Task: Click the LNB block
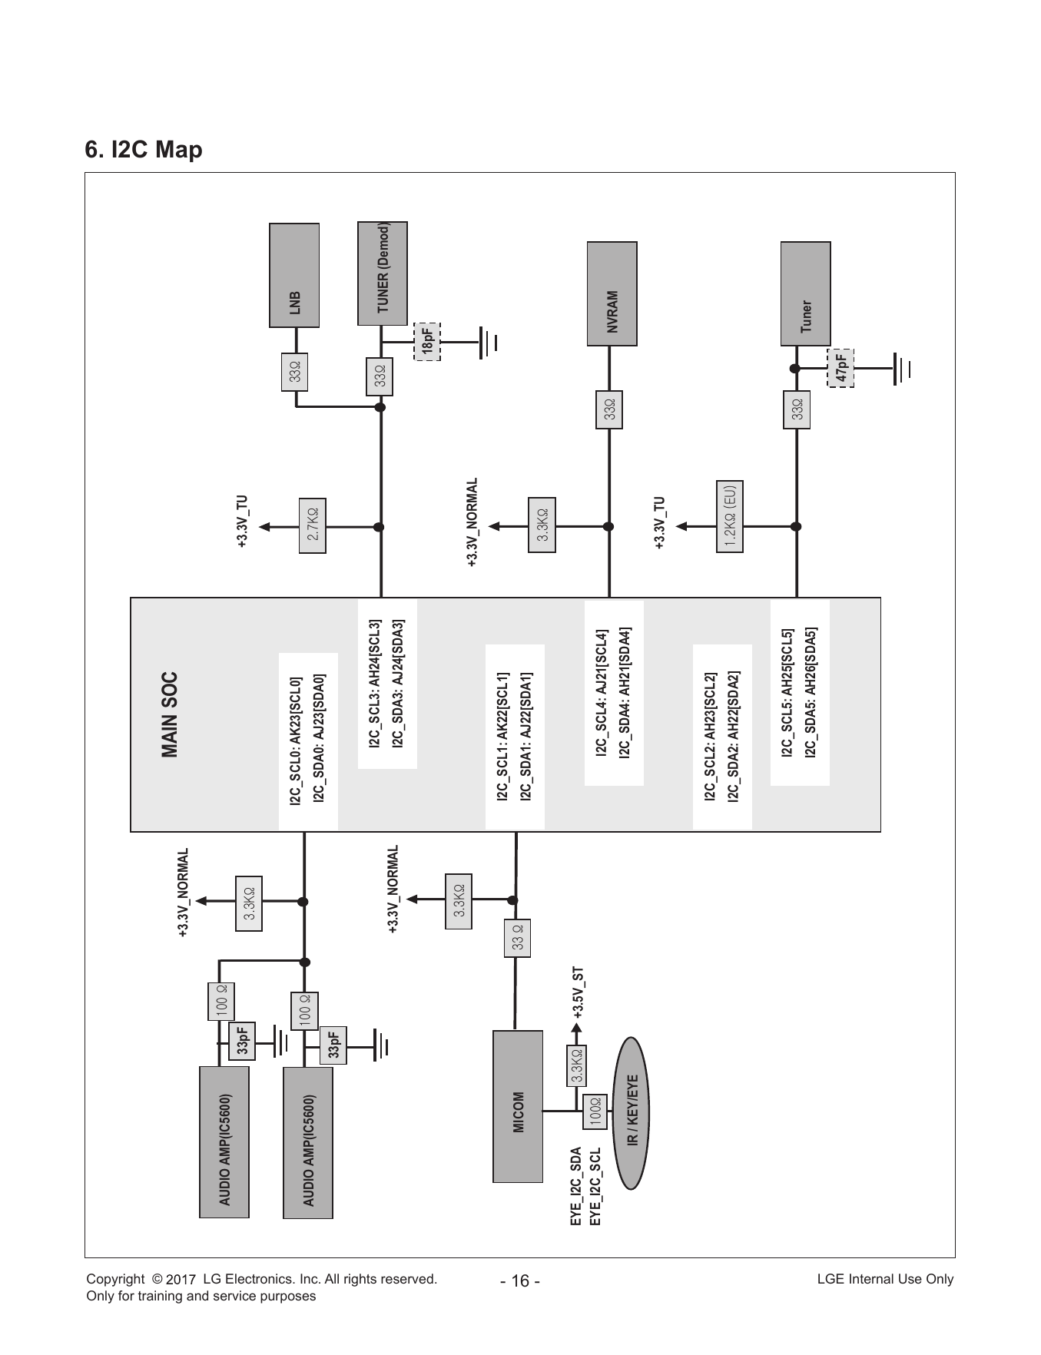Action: (x=294, y=275)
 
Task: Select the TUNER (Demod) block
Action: (x=383, y=273)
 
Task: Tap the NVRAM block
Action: (x=612, y=293)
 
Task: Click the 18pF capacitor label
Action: (x=427, y=341)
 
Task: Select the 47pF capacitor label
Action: (x=840, y=368)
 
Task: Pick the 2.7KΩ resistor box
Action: (x=312, y=526)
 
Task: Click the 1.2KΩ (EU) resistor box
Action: (x=730, y=516)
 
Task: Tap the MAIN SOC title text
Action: (x=170, y=715)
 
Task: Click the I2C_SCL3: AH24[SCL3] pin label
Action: (x=375, y=684)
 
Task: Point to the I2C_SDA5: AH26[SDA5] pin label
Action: (x=811, y=694)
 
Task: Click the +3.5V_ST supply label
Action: (x=579, y=992)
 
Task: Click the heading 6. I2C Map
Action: (x=144, y=149)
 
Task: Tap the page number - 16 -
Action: (x=520, y=1282)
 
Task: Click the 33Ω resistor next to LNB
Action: (x=294, y=372)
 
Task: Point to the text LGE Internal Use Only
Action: (x=885, y=1279)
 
